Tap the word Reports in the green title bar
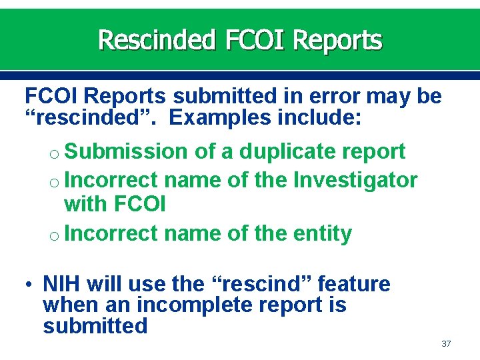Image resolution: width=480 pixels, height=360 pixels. pos(337,40)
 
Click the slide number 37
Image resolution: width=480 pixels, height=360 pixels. pos(446,344)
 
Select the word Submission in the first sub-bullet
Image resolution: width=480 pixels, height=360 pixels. pos(127,151)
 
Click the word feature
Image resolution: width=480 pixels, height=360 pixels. pos(354,284)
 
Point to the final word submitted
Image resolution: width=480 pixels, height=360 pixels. pos(95,326)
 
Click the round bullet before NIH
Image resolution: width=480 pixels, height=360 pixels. pos(31,285)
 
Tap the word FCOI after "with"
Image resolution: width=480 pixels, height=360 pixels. pos(140,204)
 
